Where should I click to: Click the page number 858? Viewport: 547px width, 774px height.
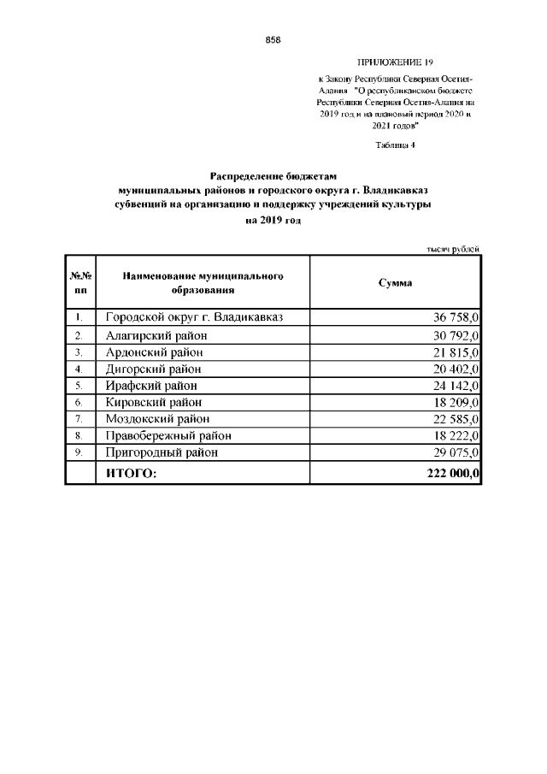coord(273,40)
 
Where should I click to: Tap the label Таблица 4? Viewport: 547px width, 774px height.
coord(395,145)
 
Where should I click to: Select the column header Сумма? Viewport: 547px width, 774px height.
coord(395,282)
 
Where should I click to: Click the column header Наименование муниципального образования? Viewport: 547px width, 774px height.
coord(203,283)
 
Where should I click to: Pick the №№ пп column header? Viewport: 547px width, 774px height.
coord(79,283)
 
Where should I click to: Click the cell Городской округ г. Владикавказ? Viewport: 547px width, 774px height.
coord(194,317)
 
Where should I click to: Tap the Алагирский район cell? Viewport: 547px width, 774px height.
coord(157,334)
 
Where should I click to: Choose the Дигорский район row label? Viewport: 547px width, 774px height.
coord(155,369)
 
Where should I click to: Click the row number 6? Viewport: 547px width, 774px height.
coord(79,402)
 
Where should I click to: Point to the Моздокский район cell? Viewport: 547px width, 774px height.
coord(158,419)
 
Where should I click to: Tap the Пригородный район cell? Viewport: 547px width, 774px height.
coord(162,452)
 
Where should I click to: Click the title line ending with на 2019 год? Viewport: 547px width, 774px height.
coord(273,221)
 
